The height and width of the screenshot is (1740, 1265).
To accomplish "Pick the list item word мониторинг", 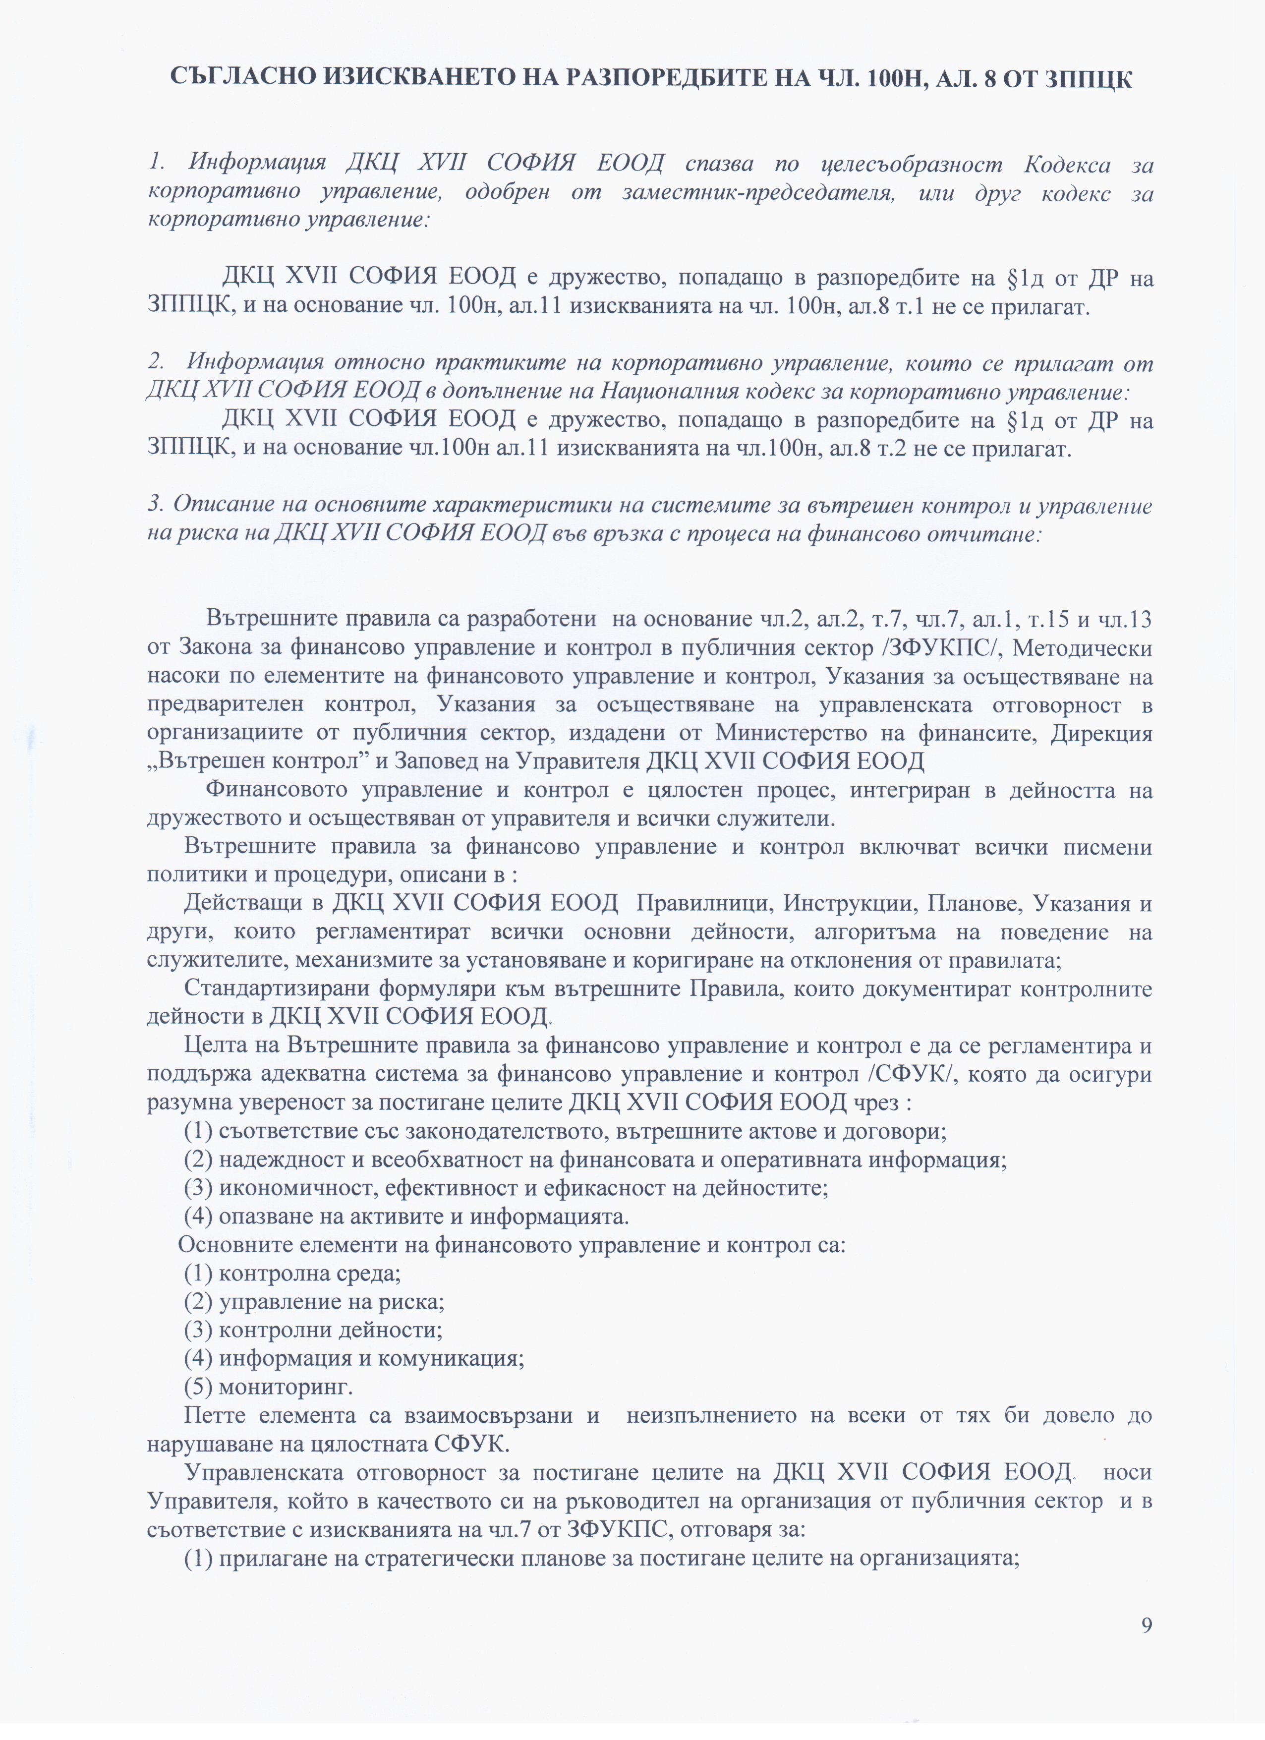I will coord(286,1387).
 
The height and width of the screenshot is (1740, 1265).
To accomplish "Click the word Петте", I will coord(213,1415).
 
